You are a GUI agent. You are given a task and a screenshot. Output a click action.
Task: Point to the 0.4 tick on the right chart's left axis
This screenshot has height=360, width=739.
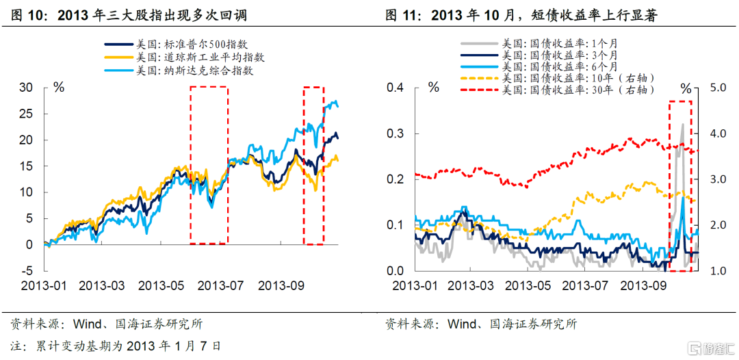[x=395, y=87]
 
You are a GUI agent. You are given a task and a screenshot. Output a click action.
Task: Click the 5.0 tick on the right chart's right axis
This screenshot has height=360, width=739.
[x=715, y=88]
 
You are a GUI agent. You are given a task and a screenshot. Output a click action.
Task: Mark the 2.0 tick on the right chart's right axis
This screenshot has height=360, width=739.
[x=715, y=225]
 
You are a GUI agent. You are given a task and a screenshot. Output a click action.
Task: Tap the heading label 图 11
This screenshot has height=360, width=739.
[x=406, y=14]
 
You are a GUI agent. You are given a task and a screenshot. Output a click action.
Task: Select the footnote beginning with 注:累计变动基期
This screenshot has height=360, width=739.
[x=116, y=346]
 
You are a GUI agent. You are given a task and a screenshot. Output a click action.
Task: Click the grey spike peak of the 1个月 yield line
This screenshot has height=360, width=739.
[x=682, y=125]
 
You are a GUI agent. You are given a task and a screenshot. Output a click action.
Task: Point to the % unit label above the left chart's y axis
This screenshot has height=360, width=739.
[x=59, y=87]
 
